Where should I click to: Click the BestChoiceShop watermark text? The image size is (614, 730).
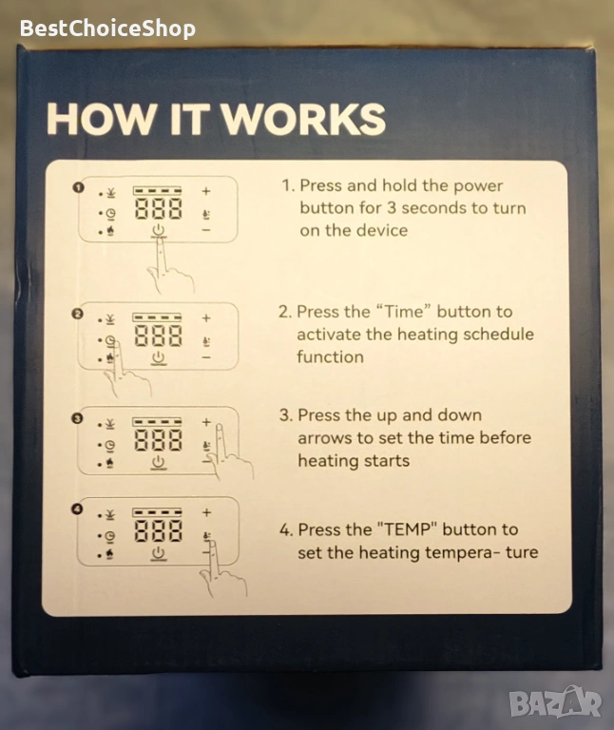107,29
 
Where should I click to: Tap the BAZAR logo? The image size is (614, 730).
555,702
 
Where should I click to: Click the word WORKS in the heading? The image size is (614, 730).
303,119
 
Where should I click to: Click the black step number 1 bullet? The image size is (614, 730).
78,187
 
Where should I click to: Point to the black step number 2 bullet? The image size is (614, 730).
77,314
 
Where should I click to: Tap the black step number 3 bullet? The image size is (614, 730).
77,418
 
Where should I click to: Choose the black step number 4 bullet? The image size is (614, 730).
77,509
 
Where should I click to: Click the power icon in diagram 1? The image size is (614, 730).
159,230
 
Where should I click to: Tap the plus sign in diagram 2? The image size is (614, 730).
206,318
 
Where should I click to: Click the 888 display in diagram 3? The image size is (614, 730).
159,440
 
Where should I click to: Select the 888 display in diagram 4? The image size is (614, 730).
159,531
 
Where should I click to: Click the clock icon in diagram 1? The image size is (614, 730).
111,214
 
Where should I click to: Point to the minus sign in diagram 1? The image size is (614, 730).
206,230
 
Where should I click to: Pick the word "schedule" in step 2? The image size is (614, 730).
499,335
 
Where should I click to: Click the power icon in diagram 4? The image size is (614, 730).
159,553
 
